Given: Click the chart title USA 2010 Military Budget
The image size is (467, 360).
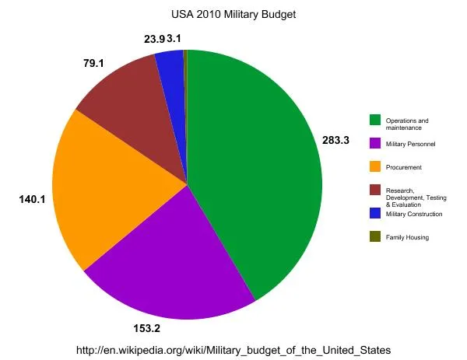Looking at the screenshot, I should (233, 14).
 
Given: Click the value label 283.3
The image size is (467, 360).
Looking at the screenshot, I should (337, 141).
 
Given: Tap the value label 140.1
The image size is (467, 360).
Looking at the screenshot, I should (33, 200).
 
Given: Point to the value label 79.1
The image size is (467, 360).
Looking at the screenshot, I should (94, 62).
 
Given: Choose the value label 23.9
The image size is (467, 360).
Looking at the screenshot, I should (153, 38).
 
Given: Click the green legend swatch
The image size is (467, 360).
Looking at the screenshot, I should (374, 120).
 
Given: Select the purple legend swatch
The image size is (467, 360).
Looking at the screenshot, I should (374, 143).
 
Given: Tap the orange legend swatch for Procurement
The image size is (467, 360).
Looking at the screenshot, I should (374, 166).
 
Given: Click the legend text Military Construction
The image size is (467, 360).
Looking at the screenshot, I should (414, 214).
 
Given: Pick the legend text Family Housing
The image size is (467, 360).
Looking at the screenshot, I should (407, 237).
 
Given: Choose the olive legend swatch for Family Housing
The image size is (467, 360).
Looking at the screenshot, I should (374, 236).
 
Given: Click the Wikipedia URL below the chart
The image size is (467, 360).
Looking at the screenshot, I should (233, 351).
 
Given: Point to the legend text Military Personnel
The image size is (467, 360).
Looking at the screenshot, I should (410, 145).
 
